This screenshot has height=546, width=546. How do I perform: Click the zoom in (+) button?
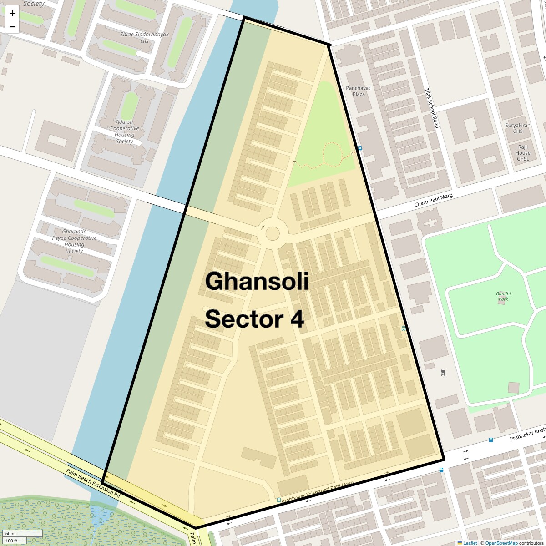click(x=12, y=13)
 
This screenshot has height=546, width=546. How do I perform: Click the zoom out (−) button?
click(x=12, y=26)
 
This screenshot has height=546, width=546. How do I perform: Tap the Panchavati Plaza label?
click(x=359, y=91)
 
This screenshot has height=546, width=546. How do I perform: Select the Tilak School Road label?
click(x=431, y=108)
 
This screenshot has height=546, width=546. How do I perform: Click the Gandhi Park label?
click(x=503, y=296)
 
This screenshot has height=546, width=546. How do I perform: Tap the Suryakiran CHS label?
click(x=517, y=128)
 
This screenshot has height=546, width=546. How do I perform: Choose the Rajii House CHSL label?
click(x=523, y=153)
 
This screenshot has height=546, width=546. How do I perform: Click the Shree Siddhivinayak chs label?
click(x=144, y=37)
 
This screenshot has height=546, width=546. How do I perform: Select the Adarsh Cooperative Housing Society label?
click(x=124, y=131)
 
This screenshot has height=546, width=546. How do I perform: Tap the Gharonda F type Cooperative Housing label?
click(x=74, y=241)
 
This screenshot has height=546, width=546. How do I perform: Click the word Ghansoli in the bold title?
click(x=257, y=281)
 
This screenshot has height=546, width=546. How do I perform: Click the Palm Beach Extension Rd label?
click(x=93, y=483)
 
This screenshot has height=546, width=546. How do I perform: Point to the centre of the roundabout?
click(x=273, y=234)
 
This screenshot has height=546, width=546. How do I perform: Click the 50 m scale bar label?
click(x=11, y=533)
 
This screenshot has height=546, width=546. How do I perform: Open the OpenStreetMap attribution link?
click(x=501, y=543)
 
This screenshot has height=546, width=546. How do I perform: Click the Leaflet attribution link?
click(x=470, y=543)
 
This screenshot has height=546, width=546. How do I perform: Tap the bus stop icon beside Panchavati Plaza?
click(x=360, y=148)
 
